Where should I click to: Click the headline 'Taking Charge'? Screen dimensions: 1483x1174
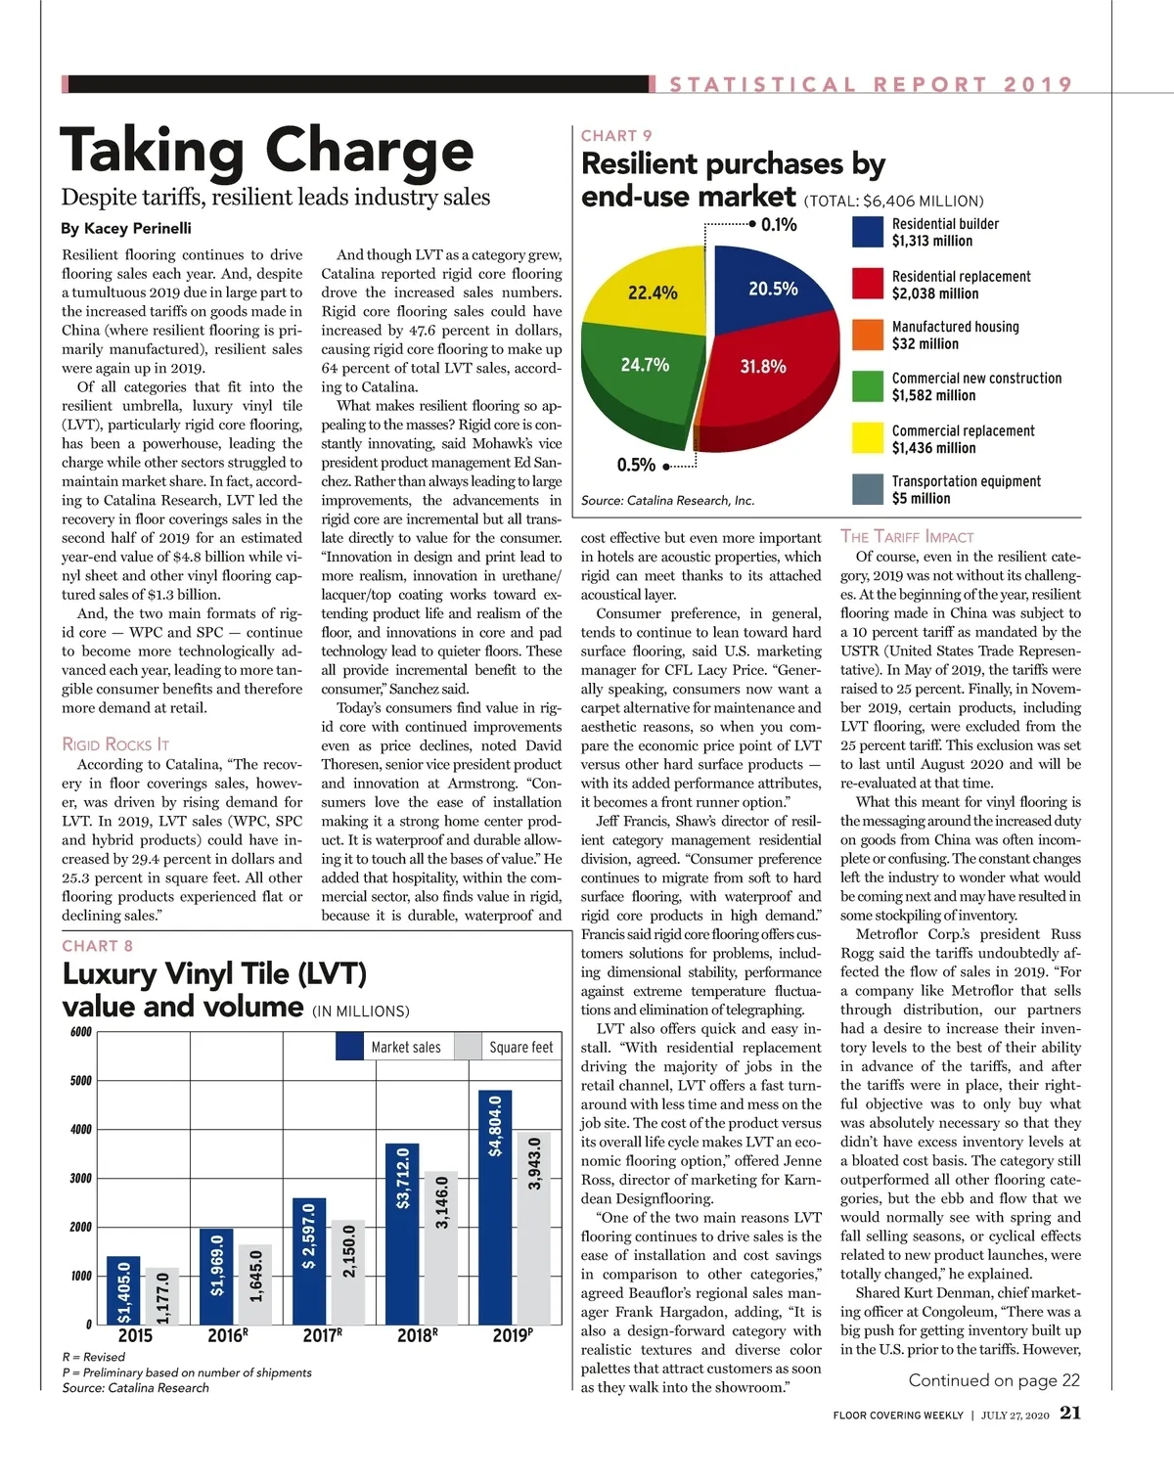(266, 152)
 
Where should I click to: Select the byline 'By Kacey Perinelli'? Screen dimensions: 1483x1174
(126, 228)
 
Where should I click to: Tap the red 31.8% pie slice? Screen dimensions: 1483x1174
(773, 382)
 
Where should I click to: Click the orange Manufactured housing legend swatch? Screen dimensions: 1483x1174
(868, 335)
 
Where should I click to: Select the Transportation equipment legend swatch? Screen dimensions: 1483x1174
(868, 489)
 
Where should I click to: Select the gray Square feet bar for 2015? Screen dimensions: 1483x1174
(162, 1296)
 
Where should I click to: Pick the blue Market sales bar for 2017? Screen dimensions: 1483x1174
(309, 1261)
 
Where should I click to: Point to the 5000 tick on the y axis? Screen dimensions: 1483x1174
(81, 1081)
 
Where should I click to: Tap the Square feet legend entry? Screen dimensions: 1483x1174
(508, 1047)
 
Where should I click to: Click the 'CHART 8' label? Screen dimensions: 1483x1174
(97, 946)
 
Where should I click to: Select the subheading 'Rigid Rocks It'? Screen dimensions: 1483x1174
(115, 744)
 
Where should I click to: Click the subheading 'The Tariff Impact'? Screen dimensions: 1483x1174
(907, 536)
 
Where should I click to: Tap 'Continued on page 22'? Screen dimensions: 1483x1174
(994, 1380)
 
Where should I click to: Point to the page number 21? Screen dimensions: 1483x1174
(1070, 1413)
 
